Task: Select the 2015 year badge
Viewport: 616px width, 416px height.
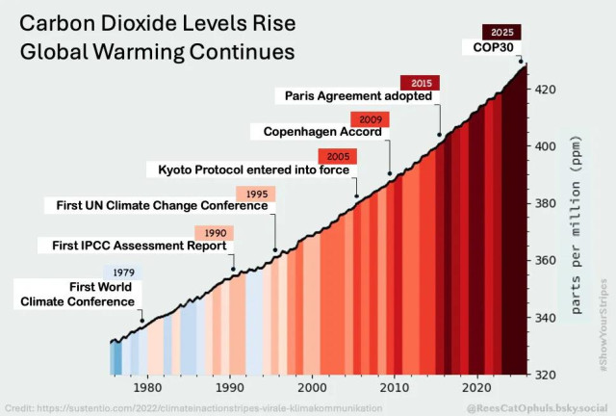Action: [x=420, y=83]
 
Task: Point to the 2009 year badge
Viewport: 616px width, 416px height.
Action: [x=369, y=119]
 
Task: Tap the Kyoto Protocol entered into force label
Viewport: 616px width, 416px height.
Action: [x=253, y=169]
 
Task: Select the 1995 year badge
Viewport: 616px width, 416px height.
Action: [x=256, y=194]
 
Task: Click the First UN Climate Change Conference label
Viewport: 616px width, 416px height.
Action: [x=158, y=206]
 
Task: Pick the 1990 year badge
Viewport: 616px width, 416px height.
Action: [x=215, y=233]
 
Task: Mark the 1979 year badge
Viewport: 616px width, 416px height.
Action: [x=123, y=273]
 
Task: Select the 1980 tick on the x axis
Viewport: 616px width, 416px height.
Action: [x=147, y=388]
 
